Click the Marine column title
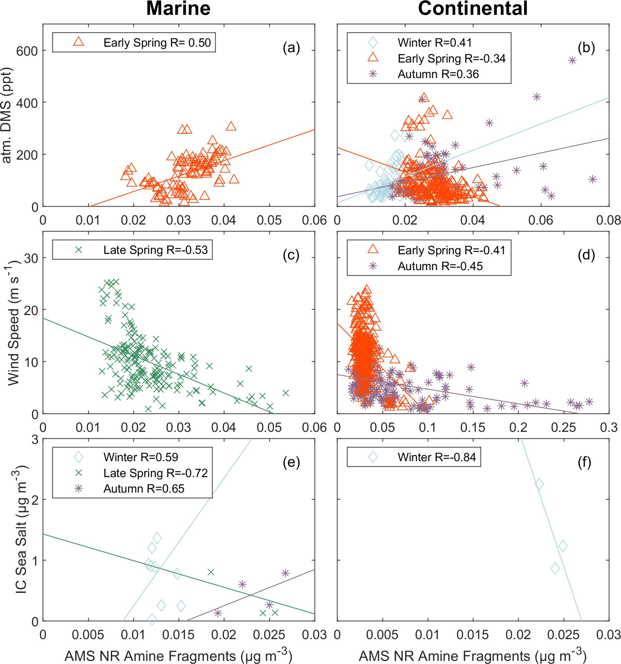tap(178, 8)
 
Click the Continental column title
tap(473, 8)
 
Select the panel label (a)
tap(291, 48)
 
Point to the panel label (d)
tap(586, 255)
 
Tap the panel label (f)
tap(584, 462)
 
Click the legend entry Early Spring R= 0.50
tap(157, 42)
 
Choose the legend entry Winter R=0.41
tap(435, 42)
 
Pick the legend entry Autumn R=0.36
tap(438, 74)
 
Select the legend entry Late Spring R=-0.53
tap(156, 250)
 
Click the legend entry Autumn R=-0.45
tap(440, 266)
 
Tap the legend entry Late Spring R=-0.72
tap(156, 473)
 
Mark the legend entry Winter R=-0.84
tap(437, 457)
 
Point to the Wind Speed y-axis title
tap(14, 323)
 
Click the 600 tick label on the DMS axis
tap(27, 51)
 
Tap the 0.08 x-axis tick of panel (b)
tap(609, 220)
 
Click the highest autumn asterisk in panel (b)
tap(572, 60)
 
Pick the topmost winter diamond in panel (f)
tap(539, 484)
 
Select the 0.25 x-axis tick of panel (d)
tap(563, 427)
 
